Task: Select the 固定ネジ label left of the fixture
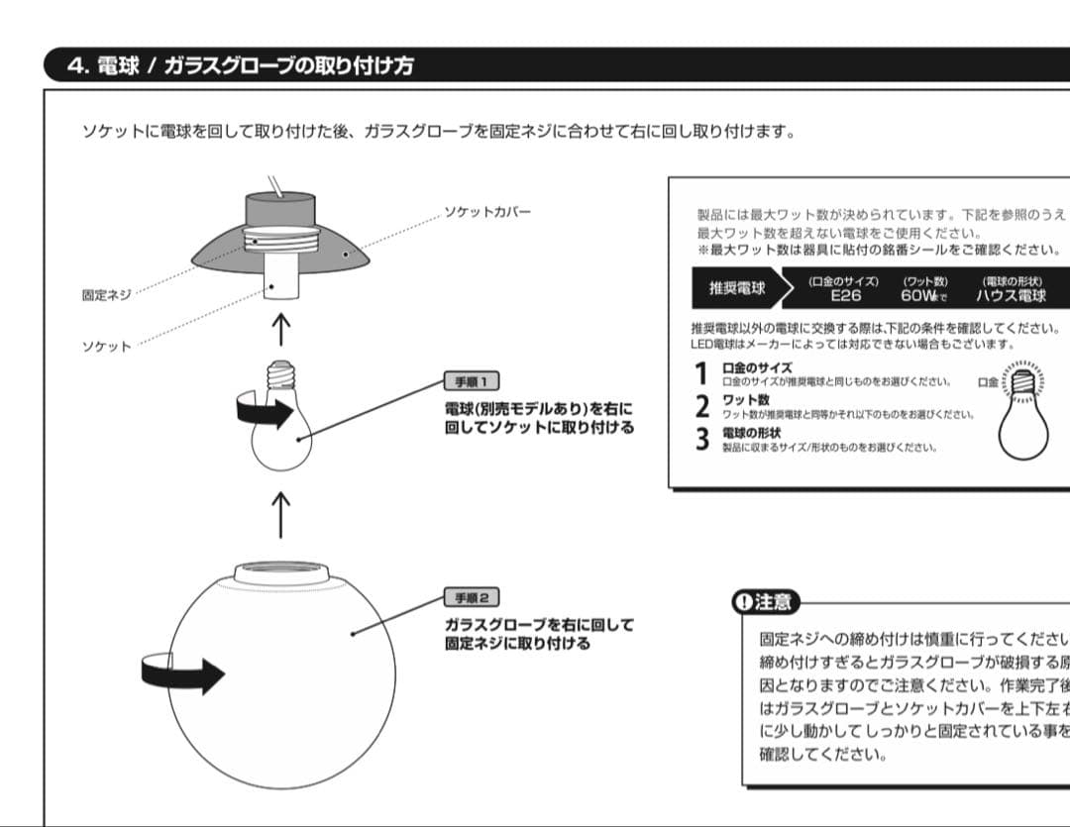pos(105,295)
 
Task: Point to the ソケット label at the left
pos(106,347)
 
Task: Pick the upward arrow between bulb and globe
pos(281,515)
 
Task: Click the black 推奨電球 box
pos(737,288)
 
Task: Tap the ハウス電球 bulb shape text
pos(1011,295)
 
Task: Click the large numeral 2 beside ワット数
pos(702,406)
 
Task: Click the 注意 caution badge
pos(765,601)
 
